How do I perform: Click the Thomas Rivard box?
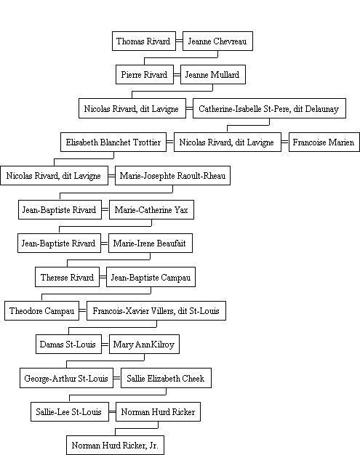[144, 41]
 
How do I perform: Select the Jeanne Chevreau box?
[217, 41]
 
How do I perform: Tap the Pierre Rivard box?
[145, 75]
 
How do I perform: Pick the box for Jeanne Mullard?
[213, 75]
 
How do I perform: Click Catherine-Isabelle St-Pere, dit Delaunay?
[269, 108]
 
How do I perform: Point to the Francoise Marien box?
[324, 142]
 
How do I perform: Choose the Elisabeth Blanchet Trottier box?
[113, 142]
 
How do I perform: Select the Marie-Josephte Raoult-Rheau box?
[173, 176]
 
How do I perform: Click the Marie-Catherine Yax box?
[151, 209]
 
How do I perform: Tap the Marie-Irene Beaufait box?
[151, 243]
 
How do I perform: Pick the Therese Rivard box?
[68, 277]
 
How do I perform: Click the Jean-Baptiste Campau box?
[151, 277]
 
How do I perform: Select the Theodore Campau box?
[41, 311]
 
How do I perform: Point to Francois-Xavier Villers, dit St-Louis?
[156, 311]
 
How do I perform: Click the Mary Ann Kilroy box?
[144, 344]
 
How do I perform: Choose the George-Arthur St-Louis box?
[66, 378]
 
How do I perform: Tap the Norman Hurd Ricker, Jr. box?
[115, 445]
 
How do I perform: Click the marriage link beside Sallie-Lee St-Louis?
[112, 412]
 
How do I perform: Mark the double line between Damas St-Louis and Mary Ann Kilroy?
[105, 345]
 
